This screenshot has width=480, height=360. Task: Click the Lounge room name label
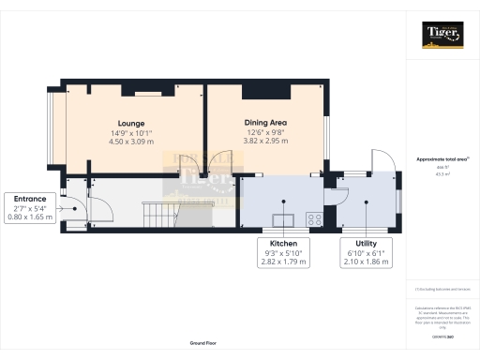(131, 124)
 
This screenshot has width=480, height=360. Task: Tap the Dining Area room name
(265, 123)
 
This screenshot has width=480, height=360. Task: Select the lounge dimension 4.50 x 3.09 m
(131, 142)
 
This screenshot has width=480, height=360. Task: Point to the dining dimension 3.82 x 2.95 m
(265, 141)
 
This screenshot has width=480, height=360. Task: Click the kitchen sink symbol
(281, 221)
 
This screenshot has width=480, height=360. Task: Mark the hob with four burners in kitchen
(313, 221)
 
